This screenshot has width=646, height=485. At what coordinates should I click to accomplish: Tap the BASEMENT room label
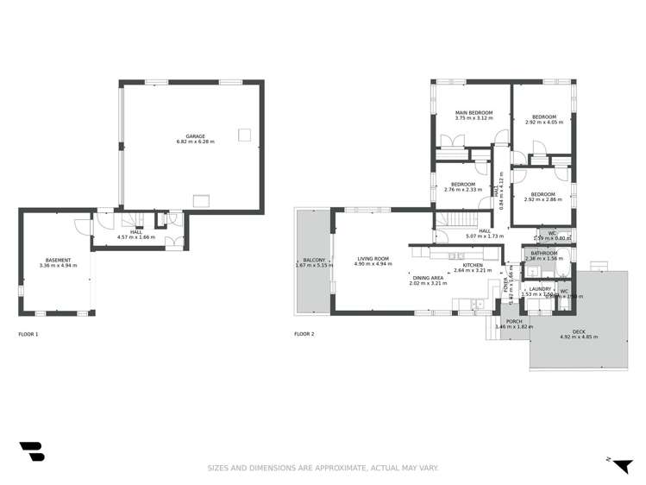(58, 260)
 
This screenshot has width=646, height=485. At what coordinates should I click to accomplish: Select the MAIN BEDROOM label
(474, 113)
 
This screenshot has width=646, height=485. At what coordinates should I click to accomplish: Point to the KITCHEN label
(472, 265)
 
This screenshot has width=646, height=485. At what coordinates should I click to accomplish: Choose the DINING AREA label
(426, 277)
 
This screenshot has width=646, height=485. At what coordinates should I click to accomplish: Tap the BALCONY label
(313, 260)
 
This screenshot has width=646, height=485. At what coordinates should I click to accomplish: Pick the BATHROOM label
(544, 253)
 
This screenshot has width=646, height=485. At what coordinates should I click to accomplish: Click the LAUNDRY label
(541, 288)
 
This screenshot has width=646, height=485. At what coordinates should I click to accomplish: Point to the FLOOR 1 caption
(28, 334)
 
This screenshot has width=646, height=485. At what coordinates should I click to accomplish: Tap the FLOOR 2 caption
(304, 334)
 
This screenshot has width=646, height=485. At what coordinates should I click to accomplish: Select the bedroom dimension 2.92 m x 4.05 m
(543, 123)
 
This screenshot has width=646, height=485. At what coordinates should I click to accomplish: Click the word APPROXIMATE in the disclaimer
(324, 468)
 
